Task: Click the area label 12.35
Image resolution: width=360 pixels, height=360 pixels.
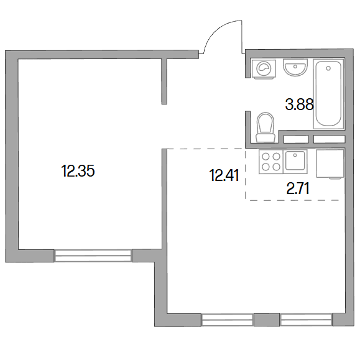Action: [x=78, y=171]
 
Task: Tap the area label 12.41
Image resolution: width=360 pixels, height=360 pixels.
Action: [x=224, y=175]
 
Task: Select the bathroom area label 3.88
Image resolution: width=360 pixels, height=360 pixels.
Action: [x=300, y=104]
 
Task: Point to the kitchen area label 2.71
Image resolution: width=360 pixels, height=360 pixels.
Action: [x=298, y=188]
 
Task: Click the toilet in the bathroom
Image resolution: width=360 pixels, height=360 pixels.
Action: [x=265, y=127]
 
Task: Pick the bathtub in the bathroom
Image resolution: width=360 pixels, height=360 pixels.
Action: [x=328, y=94]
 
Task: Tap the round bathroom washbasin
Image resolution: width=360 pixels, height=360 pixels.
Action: [x=295, y=68]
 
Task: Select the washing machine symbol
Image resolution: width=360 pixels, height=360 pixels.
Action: [x=264, y=68]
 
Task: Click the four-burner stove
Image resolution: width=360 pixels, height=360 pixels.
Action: [x=271, y=162]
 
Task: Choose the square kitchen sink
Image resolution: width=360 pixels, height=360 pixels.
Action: [x=295, y=161]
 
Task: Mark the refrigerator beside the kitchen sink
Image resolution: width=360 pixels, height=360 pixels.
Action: [x=330, y=164]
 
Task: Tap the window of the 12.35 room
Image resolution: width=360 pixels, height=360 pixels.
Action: [x=93, y=256]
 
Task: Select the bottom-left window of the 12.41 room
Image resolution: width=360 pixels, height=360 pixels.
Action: [x=228, y=320]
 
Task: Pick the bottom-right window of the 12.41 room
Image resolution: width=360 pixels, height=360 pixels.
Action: [x=307, y=320]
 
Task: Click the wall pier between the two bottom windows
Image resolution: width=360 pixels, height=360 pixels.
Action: [x=267, y=320]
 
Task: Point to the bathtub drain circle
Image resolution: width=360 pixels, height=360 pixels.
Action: [x=328, y=68]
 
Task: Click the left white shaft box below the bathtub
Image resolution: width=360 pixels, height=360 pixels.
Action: [x=296, y=139]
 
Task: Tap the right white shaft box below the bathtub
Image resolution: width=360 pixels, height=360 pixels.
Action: [x=330, y=139]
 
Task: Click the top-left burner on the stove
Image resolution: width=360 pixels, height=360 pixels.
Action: [x=265, y=157]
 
